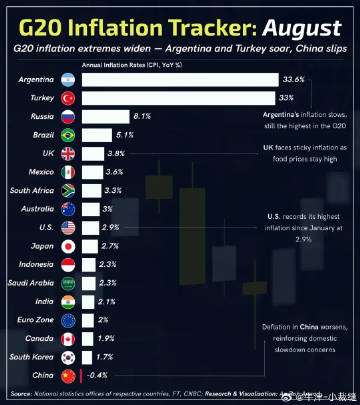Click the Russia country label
[41, 117]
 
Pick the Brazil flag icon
[68, 135]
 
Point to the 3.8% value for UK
[115, 154]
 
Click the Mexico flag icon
[68, 172]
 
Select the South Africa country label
[32, 190]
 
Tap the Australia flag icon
[68, 209]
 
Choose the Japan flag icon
[68, 246]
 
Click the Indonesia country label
[37, 265]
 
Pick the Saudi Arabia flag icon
[68, 283]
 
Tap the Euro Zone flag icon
[68, 320]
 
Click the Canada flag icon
[68, 339]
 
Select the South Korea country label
[34, 357]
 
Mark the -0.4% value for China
[97, 376]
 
